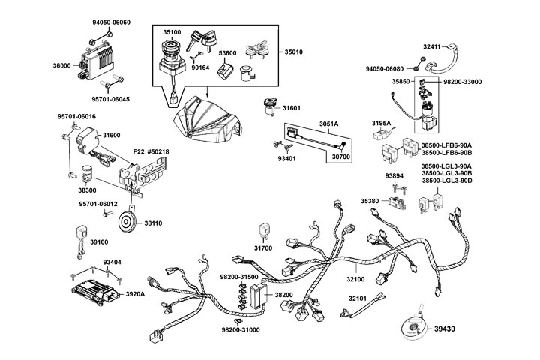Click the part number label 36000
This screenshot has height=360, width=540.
point(61,66)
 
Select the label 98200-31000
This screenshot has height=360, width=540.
point(240,330)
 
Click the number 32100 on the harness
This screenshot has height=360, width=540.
point(355,279)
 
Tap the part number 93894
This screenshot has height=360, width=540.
point(394,176)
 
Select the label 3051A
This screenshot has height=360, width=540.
point(329,122)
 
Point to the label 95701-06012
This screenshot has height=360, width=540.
point(97,204)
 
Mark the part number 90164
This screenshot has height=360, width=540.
point(199,67)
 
